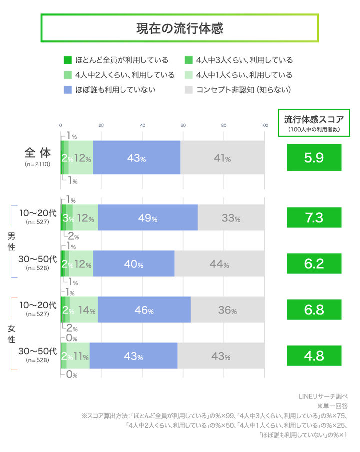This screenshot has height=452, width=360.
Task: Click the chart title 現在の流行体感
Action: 180,28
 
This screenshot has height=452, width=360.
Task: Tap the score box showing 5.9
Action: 313,158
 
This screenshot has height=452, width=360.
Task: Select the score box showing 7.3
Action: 313,218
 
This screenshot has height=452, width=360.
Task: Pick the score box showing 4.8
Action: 313,356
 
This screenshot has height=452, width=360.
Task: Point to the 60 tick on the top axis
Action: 183,125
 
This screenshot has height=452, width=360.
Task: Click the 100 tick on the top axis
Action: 264,125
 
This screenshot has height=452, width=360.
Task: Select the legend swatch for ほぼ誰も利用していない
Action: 68,90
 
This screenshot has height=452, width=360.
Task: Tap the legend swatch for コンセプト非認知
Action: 188,90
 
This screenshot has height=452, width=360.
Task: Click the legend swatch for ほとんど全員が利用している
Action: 68,60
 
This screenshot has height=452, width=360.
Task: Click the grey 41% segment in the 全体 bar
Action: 222,158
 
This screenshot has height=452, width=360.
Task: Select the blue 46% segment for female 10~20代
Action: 144,310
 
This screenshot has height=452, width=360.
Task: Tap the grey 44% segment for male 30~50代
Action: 219,264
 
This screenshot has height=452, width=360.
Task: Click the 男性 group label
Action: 10,241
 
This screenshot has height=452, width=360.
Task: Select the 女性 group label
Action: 10,333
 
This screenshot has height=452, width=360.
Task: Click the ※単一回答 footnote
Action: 333,406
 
